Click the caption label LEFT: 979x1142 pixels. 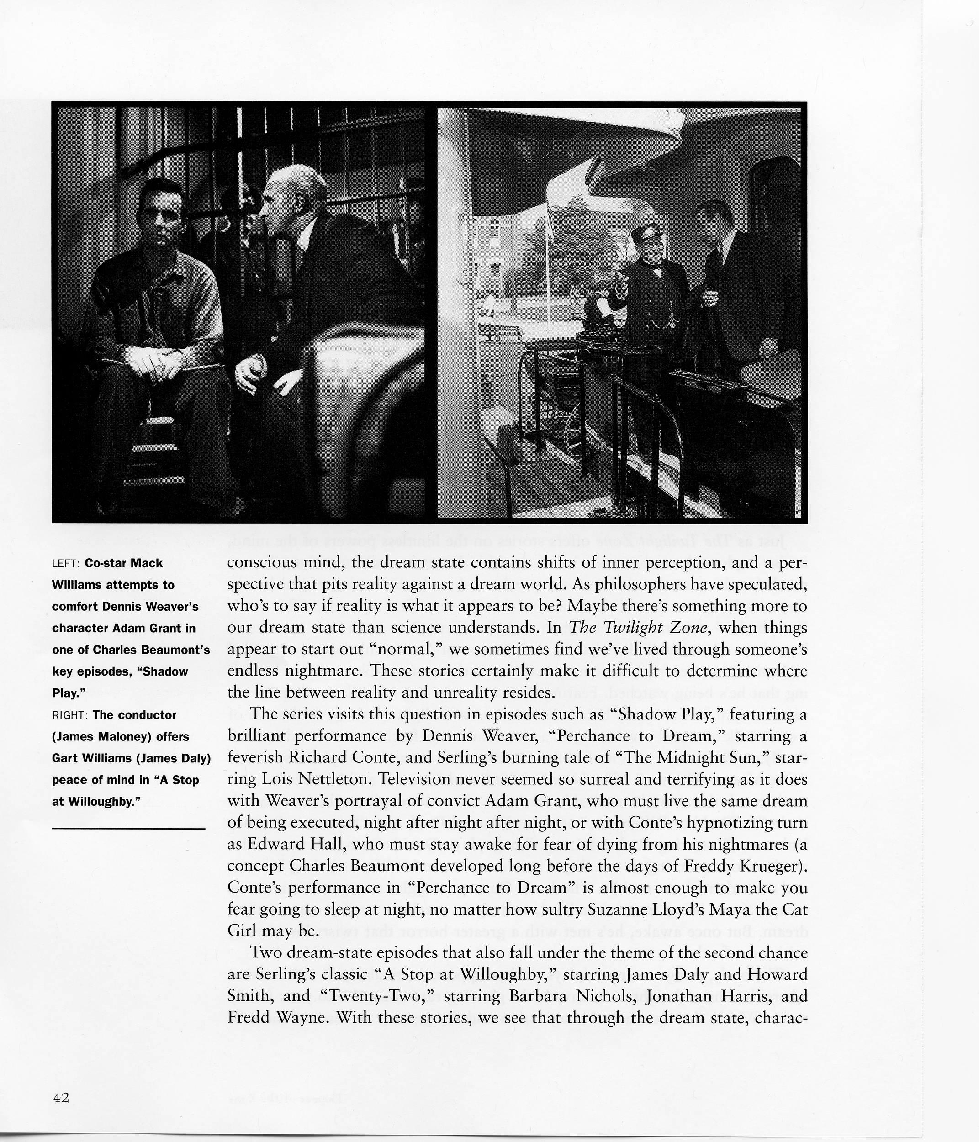[66, 563]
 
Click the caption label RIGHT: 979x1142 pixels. [70, 715]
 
